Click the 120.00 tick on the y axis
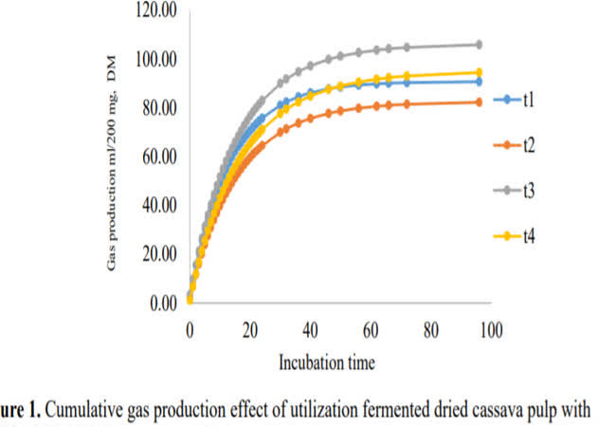coord(154,11)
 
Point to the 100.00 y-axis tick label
coord(154,60)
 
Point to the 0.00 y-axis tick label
coord(162,304)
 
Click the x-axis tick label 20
coord(250,330)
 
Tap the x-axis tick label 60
coord(371,330)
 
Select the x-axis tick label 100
coord(491,330)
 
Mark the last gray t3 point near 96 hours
coord(479,45)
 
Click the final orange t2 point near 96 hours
coord(479,102)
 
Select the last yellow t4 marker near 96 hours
coord(479,72)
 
